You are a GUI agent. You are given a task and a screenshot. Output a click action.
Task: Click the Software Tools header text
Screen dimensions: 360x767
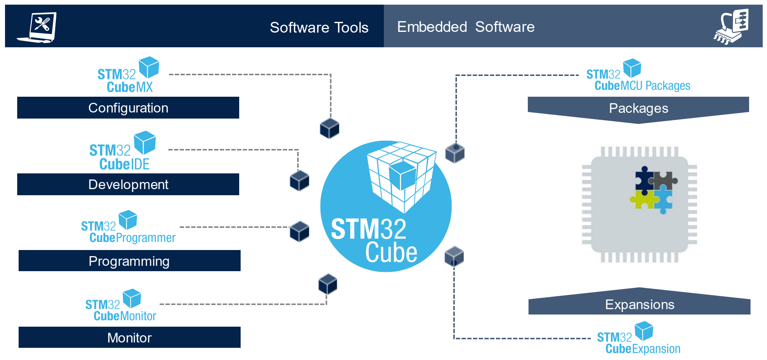[319, 28]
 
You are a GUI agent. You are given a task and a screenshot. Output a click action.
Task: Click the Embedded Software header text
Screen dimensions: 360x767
[465, 27]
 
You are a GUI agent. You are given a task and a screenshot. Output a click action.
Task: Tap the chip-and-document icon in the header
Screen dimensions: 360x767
[731, 27]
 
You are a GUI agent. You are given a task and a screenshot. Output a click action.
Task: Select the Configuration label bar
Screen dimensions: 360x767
[128, 108]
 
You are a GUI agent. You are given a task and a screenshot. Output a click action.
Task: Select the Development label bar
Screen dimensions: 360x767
[128, 184]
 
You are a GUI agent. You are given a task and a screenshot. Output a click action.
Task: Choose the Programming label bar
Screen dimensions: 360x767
[129, 261]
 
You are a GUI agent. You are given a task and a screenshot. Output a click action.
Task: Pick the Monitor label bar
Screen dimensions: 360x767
[129, 337]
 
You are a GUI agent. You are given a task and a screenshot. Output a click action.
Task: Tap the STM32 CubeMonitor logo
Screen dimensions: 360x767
[120, 306]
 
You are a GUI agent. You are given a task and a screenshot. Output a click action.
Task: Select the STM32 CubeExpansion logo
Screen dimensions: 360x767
[638, 339]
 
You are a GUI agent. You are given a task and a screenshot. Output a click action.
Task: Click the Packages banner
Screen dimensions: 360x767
[638, 109]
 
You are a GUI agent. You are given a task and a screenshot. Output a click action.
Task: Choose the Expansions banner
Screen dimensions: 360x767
[640, 304]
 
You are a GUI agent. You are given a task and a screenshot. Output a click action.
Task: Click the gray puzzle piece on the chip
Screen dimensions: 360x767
[665, 179]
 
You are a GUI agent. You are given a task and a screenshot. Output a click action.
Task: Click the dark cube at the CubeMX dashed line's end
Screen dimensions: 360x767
[329, 128]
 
